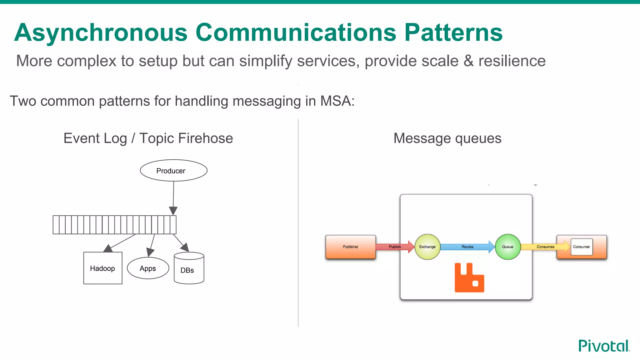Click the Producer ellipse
point(173,171)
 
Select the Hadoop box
point(103,268)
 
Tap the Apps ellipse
point(148,268)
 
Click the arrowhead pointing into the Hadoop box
point(108,248)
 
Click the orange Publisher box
point(350,247)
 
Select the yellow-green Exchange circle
point(427,247)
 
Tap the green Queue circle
point(507,247)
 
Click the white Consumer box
point(581,247)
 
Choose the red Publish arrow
point(395,247)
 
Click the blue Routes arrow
point(467,247)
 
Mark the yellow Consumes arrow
point(545,247)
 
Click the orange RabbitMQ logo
point(469,278)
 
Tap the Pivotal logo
point(604,346)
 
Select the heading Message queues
point(447,138)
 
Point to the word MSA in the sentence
point(337,101)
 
